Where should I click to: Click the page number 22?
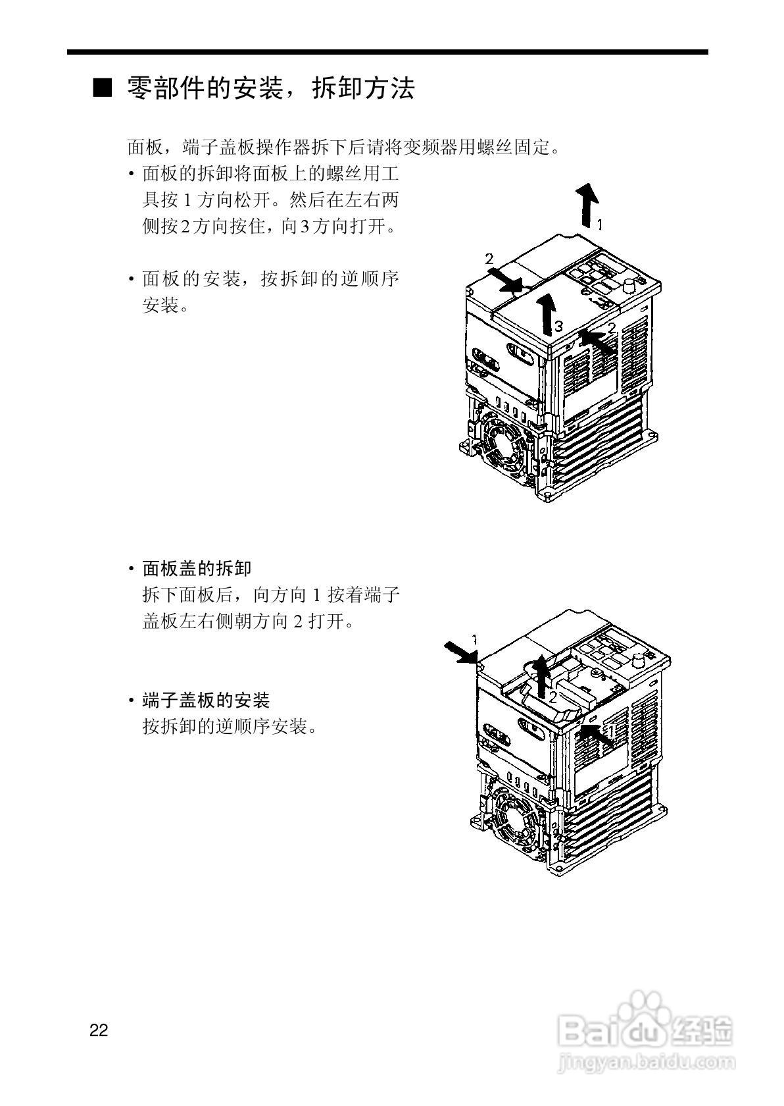99,1030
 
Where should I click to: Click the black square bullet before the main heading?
103,88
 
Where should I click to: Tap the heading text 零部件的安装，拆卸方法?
270,88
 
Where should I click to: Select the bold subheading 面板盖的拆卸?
197,568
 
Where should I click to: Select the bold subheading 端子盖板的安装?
206,700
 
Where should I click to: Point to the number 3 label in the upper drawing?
558,325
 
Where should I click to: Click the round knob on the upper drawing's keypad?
629,285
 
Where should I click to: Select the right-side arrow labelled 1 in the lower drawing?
597,735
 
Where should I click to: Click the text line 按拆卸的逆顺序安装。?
230,727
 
